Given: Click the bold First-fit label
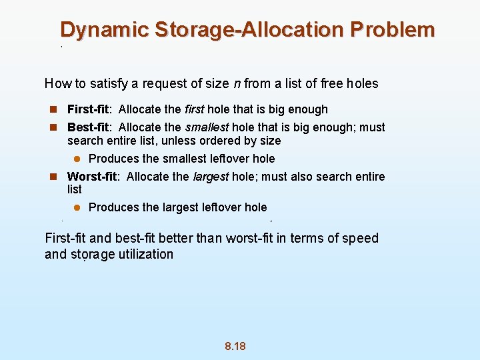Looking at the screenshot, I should point(89,109).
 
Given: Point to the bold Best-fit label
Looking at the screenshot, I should point(89,127).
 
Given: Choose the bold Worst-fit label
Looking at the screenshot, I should point(93,177).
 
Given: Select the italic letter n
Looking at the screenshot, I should point(237,84).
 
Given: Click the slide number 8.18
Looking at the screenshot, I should point(235,346).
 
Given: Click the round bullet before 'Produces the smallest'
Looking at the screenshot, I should point(77,159).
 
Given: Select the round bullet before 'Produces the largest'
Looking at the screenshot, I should point(77,207).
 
